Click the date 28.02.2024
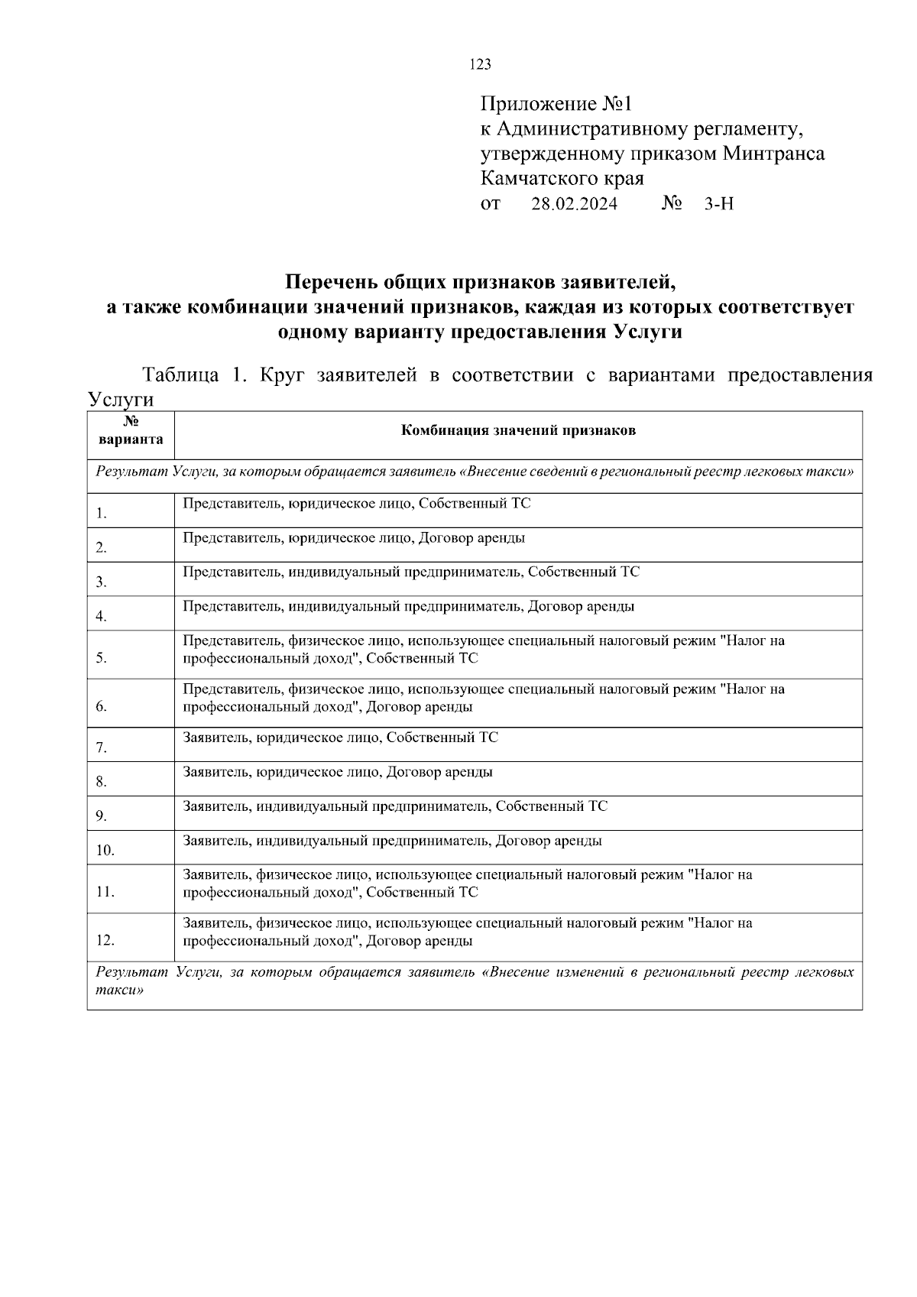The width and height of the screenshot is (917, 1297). pos(574,204)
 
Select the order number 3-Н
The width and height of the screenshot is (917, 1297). pos(718,204)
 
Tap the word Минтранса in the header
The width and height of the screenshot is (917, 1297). pos(774,154)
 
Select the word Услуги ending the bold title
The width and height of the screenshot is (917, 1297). pos(646,332)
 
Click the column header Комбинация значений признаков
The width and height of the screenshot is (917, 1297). pos(518,430)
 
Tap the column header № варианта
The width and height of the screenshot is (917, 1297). pos(130,431)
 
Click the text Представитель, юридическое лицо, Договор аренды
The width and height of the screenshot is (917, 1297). pos(354,537)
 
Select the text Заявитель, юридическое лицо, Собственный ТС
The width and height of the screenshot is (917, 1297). pos(340,738)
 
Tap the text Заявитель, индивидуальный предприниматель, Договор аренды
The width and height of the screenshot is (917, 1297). pos(392,841)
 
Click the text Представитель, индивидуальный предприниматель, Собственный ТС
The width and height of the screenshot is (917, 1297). pos(411,572)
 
